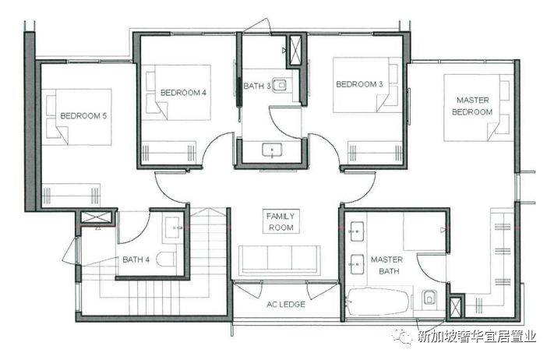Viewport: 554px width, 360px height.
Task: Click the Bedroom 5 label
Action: [83, 116]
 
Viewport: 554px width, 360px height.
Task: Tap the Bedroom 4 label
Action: [183, 93]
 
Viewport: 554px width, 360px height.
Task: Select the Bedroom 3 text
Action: [359, 84]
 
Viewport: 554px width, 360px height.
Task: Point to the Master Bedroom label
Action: [472, 106]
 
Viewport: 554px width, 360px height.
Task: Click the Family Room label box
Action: [281, 221]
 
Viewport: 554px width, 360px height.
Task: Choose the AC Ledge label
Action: [286, 304]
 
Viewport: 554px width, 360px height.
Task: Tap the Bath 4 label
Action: [136, 259]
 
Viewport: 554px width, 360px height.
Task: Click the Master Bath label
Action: [386, 265]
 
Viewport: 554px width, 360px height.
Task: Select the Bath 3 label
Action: [257, 86]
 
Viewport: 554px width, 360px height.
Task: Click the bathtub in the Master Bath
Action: [378, 302]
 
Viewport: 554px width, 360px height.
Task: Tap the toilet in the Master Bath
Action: [429, 298]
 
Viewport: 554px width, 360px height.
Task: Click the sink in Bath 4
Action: [174, 228]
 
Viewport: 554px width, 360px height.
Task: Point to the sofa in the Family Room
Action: [280, 260]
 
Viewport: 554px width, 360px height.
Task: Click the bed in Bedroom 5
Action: [76, 117]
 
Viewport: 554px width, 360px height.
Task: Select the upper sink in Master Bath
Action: [357, 231]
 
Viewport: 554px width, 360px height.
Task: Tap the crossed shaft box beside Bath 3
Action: [296, 50]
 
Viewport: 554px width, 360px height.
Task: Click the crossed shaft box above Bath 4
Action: [95, 217]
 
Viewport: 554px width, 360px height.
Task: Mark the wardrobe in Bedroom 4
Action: [168, 153]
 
